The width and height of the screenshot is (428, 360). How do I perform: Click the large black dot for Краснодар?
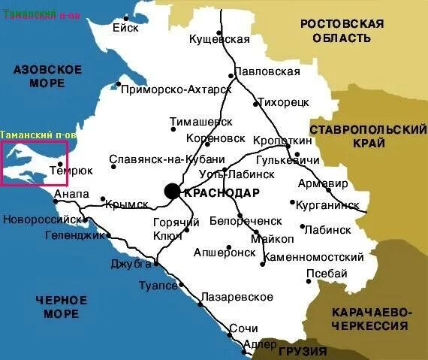tap(172, 191)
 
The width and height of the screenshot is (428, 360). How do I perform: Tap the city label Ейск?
tap(125, 28)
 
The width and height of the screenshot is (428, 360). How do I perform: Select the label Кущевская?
tap(219, 38)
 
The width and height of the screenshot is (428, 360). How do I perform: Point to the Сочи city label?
tap(244, 328)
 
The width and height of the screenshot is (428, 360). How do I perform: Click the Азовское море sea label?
tap(47, 76)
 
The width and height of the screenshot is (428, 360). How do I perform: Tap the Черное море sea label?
tap(61, 307)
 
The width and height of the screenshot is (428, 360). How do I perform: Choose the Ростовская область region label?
tap(342, 31)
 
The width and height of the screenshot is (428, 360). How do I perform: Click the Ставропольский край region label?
tap(368, 137)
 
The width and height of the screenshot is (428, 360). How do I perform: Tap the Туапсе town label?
tap(158, 286)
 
